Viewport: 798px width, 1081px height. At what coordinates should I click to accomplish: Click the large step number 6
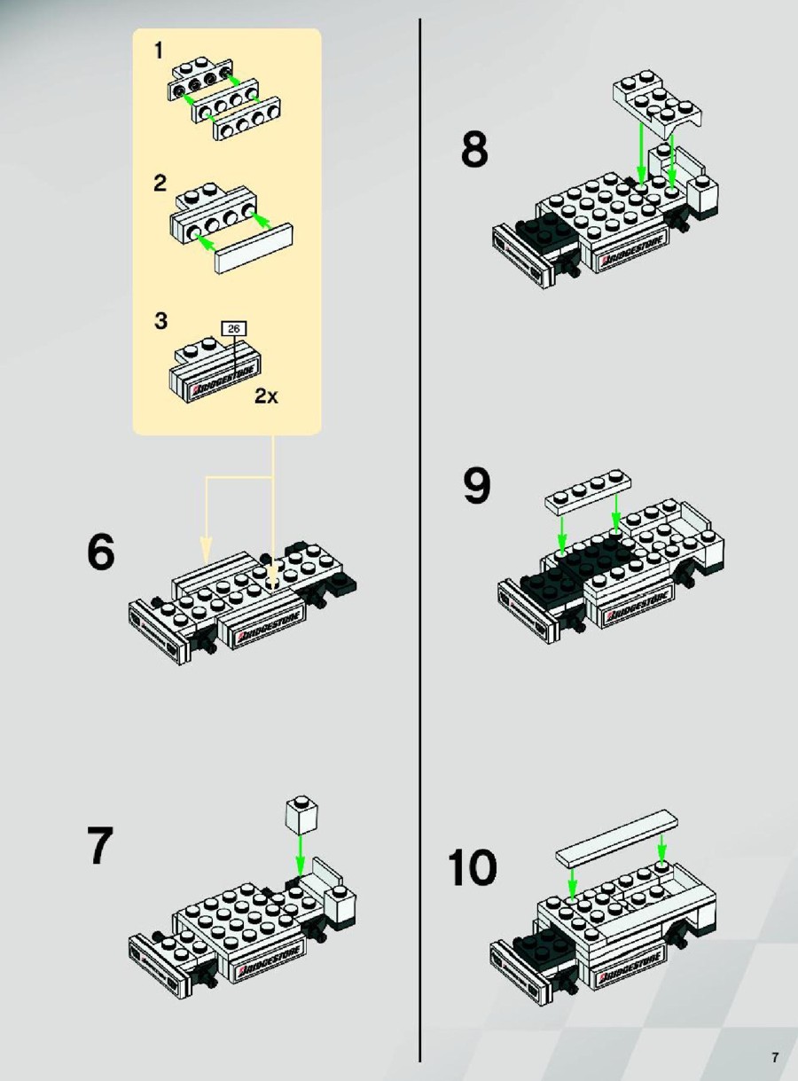(101, 552)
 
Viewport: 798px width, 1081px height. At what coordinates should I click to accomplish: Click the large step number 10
(473, 867)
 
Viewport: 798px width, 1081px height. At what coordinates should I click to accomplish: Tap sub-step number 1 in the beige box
(159, 51)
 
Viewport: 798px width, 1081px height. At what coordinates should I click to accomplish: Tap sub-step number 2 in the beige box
(160, 184)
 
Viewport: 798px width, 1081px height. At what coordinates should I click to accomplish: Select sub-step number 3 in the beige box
(160, 321)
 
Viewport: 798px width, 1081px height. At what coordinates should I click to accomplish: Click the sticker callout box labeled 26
(234, 328)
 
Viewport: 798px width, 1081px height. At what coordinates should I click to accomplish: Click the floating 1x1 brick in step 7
(301, 816)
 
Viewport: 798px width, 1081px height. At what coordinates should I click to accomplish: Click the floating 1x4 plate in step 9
(588, 493)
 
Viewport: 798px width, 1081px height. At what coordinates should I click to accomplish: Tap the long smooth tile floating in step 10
(616, 836)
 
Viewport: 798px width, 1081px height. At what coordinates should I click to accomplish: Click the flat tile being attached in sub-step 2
(254, 248)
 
